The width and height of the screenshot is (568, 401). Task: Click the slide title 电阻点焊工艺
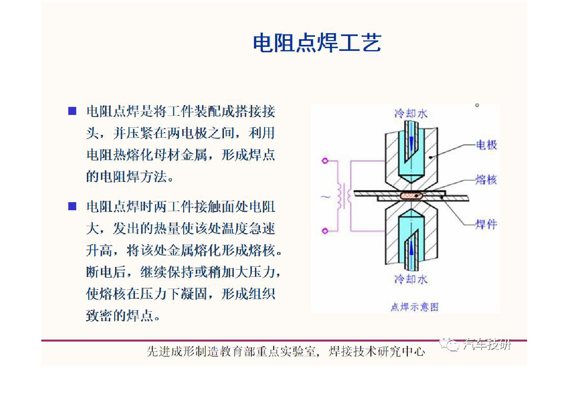pos(317,43)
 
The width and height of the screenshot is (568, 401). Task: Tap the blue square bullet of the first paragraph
pos(72,111)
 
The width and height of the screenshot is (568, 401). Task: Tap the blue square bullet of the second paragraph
pos(72,206)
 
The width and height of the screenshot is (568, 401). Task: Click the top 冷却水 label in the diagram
pos(411,114)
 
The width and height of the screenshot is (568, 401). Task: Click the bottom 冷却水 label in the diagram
pos(411,279)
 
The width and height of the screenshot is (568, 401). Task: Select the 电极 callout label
pos(486,145)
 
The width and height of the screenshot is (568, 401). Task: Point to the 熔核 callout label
pos(486,180)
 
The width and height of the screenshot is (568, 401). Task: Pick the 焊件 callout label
pos(486,224)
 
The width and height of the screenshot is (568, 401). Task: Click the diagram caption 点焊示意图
pos(415,307)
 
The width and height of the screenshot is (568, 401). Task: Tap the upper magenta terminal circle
pos(325,161)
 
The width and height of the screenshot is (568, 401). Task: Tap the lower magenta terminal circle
pos(325,231)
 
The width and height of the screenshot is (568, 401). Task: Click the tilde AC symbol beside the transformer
pos(326,196)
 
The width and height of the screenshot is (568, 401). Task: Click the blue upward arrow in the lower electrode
pos(411,249)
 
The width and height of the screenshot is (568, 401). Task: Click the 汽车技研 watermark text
pos(487,344)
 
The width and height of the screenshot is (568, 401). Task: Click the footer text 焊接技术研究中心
pos(377,352)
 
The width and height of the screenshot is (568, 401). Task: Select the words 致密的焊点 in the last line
pos(123,315)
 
